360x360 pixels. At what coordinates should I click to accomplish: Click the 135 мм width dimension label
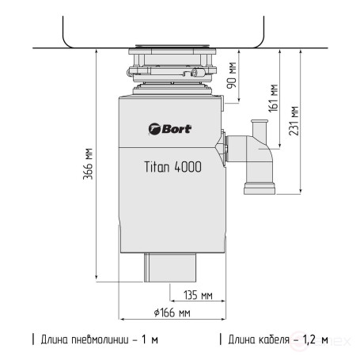click(x=196, y=297)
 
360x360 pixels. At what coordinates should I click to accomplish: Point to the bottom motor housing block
click(x=172, y=268)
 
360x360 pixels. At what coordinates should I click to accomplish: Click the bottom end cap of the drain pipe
click(x=258, y=188)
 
